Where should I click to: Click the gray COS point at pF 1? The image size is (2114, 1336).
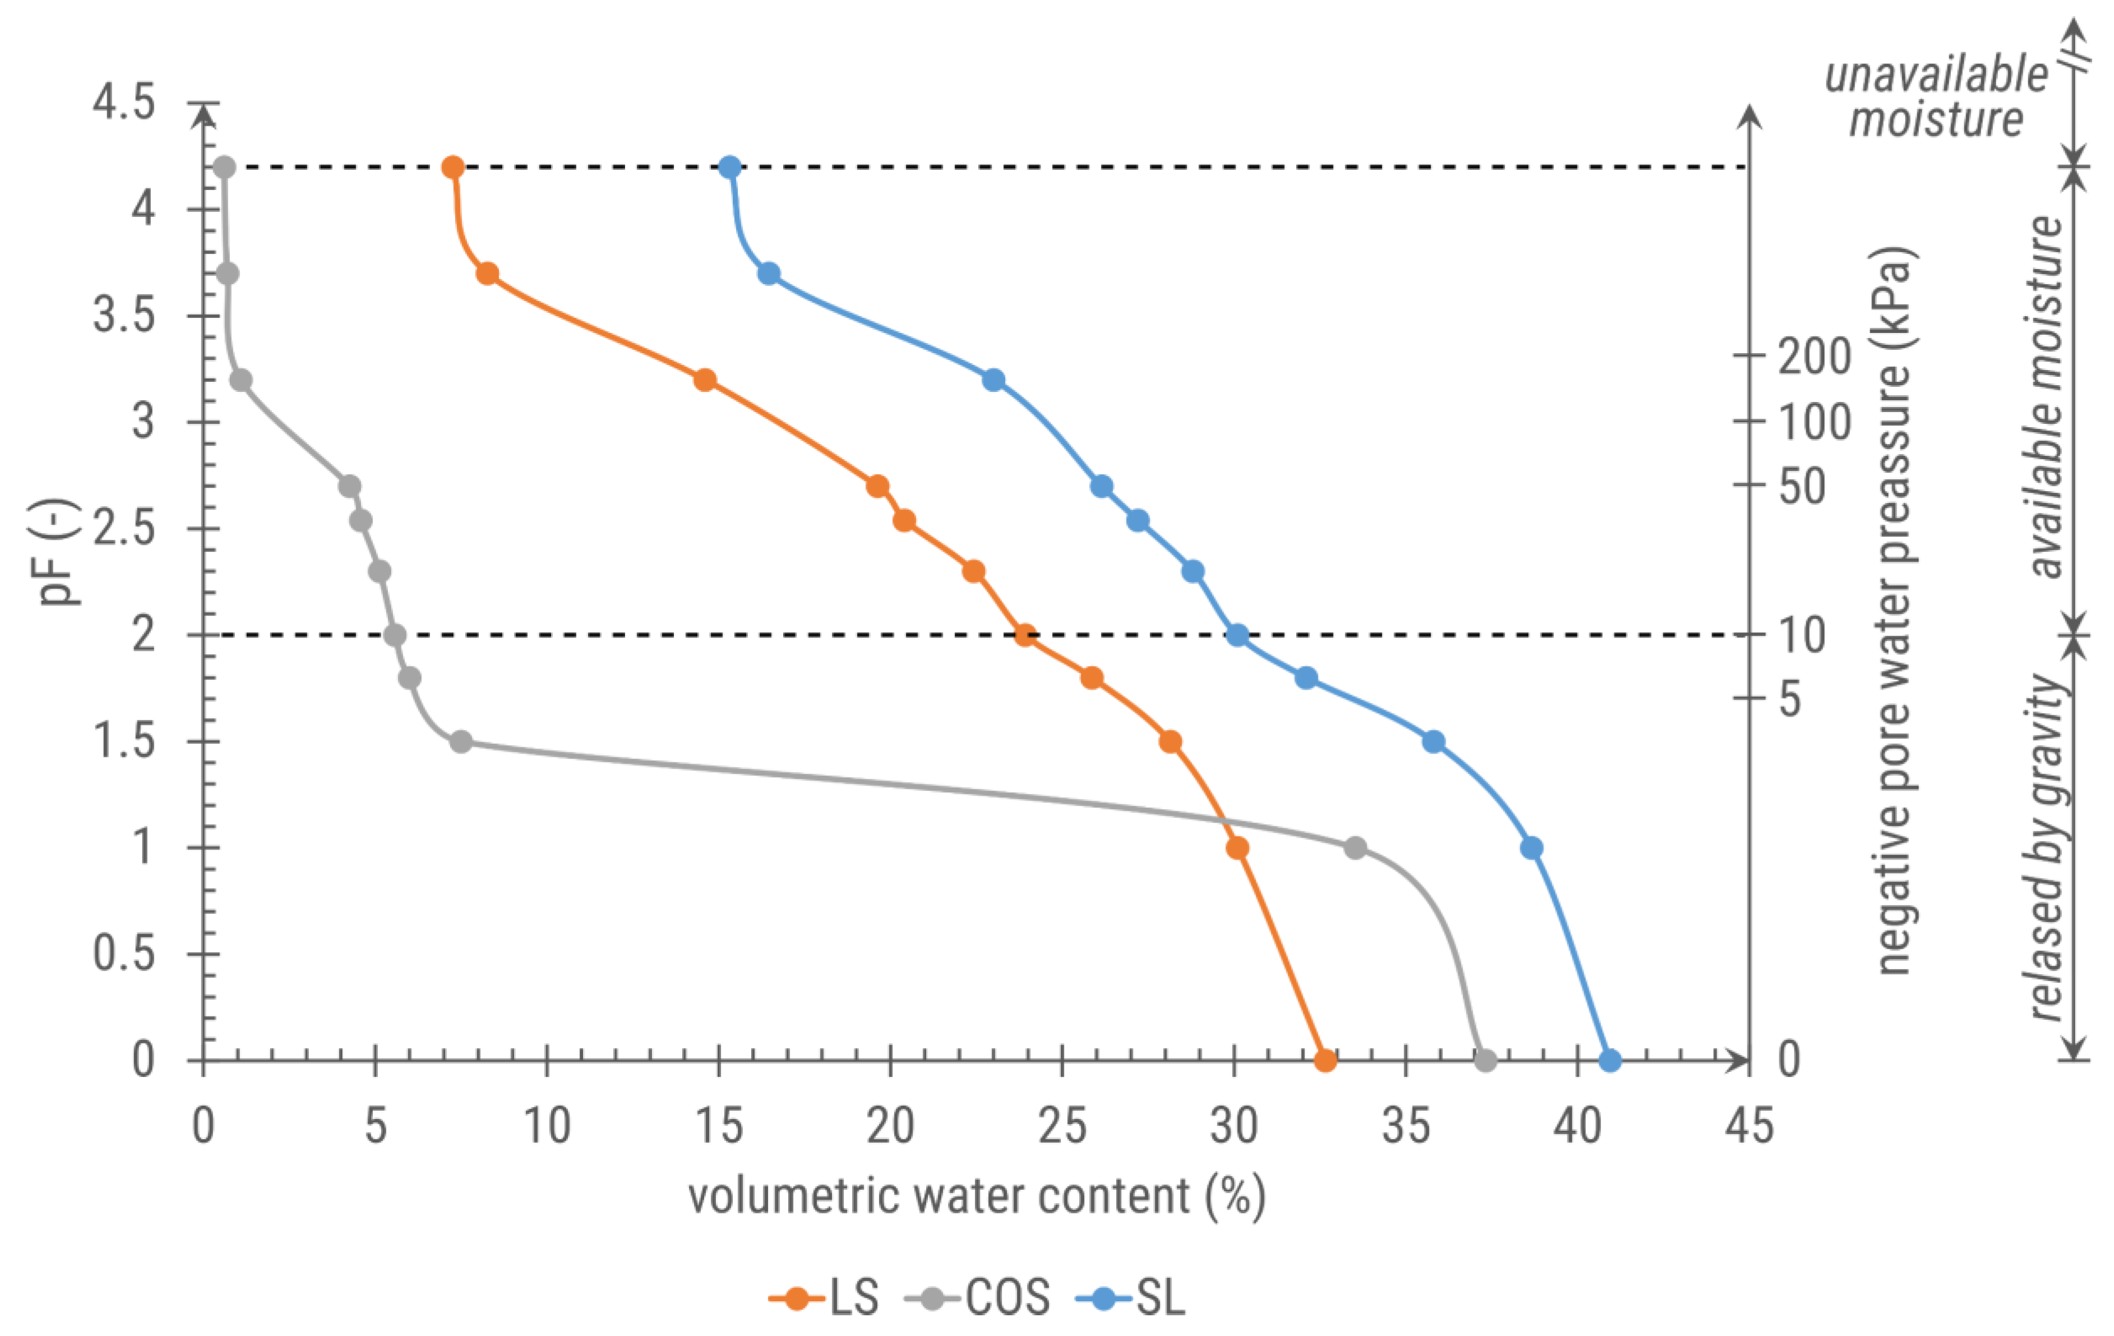tap(1356, 848)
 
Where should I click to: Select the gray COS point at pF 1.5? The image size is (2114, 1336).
tap(461, 742)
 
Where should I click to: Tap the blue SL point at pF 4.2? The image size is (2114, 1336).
tap(729, 167)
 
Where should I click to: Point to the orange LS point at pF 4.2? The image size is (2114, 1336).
tap(453, 167)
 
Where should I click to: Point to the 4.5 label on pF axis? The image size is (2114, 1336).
tap(124, 102)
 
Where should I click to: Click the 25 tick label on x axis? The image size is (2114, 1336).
tap(1062, 1126)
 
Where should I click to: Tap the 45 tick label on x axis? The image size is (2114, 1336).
tap(1749, 1126)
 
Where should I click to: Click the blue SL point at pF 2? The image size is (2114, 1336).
tap(1237, 635)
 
